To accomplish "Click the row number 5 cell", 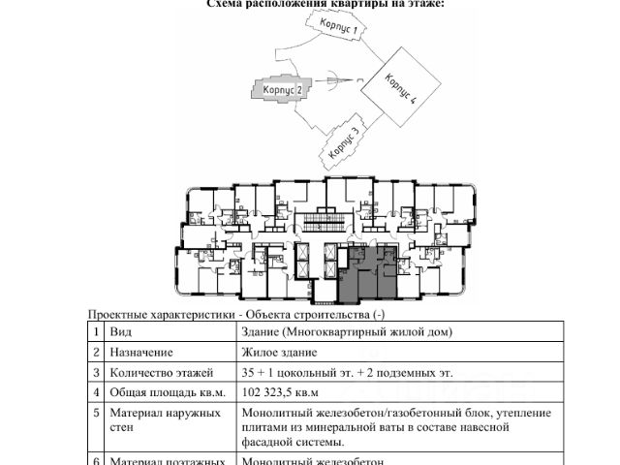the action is coord(96,413).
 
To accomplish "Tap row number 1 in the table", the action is coord(96,331).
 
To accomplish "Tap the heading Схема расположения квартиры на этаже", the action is coord(325,4).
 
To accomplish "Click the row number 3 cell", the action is coord(96,372).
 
